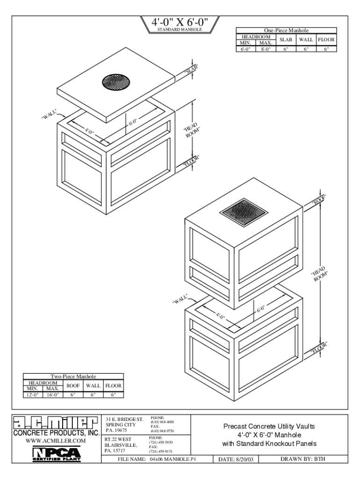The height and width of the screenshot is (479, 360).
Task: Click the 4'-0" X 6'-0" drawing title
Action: pyautogui.click(x=180, y=22)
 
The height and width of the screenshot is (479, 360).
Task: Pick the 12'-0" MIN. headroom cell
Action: pyautogui.click(x=33, y=395)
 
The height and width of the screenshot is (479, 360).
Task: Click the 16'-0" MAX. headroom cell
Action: pyautogui.click(x=52, y=395)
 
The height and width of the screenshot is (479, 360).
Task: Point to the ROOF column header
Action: pyautogui.click(x=72, y=386)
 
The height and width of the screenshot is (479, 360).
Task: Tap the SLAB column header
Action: pyautogui.click(x=286, y=40)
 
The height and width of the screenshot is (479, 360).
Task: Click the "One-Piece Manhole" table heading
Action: pyautogui.click(x=287, y=30)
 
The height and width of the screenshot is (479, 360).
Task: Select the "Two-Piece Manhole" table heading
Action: pyautogui.click(x=73, y=377)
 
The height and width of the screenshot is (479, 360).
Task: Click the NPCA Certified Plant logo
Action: pyautogui.click(x=56, y=453)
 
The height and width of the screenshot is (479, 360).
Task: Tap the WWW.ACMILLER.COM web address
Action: pyautogui.click(x=56, y=441)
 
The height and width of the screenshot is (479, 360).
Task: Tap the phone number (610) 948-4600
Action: pyautogui.click(x=162, y=422)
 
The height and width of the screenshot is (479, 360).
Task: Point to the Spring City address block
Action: pyautogui.click(x=124, y=425)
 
